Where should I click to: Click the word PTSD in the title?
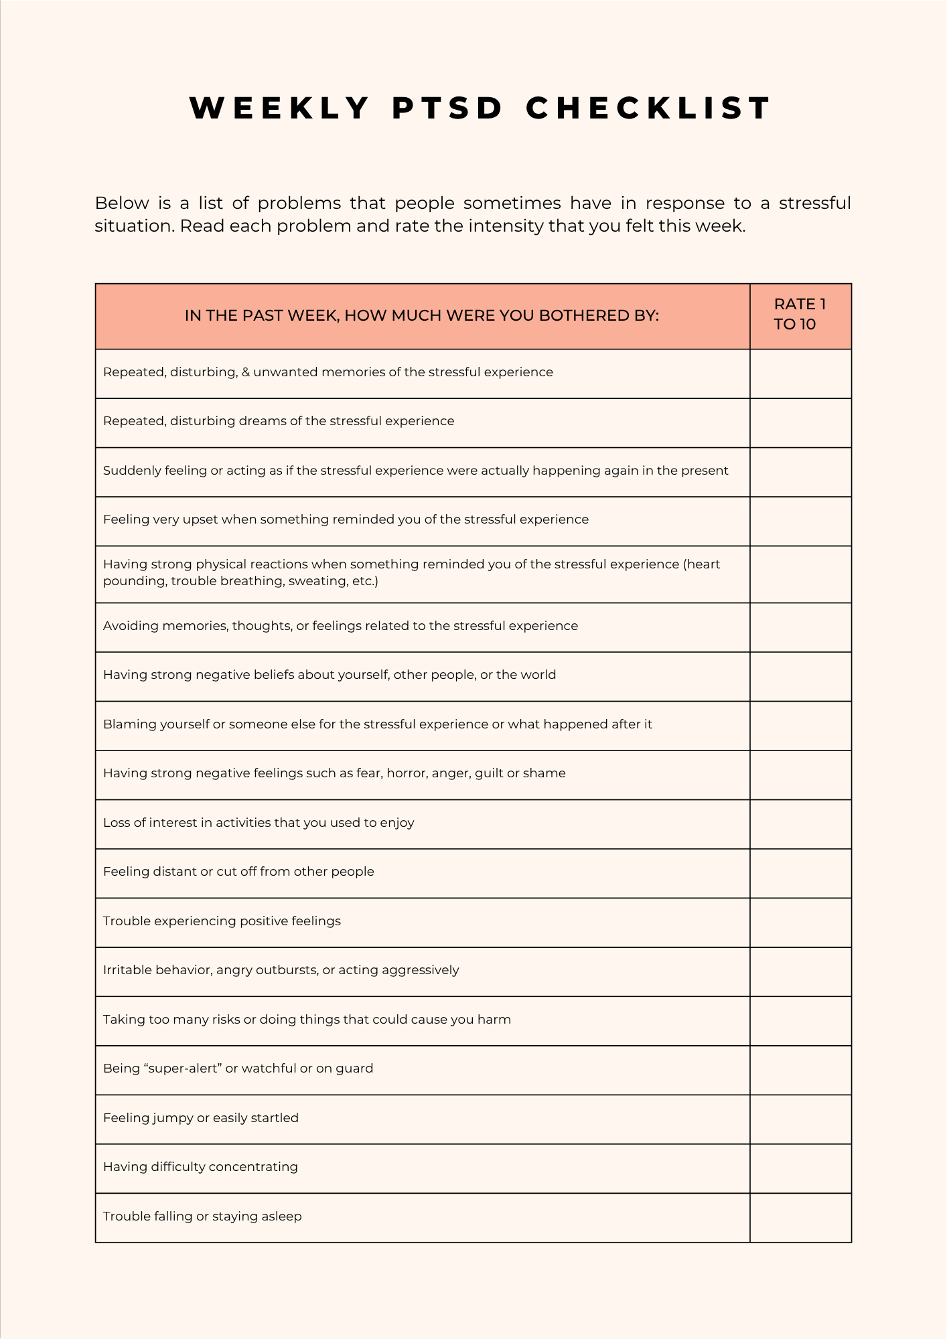(447, 108)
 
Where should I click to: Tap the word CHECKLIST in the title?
(648, 108)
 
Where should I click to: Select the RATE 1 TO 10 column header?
(800, 315)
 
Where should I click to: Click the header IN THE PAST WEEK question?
(422, 316)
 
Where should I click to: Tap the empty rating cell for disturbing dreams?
(800, 422)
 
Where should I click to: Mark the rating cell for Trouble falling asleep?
(800, 1218)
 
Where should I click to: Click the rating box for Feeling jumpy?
(800, 1119)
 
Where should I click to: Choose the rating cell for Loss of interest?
(800, 824)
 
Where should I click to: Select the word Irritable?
(127, 970)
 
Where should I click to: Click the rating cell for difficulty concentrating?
(800, 1168)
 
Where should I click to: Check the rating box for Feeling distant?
(800, 873)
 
